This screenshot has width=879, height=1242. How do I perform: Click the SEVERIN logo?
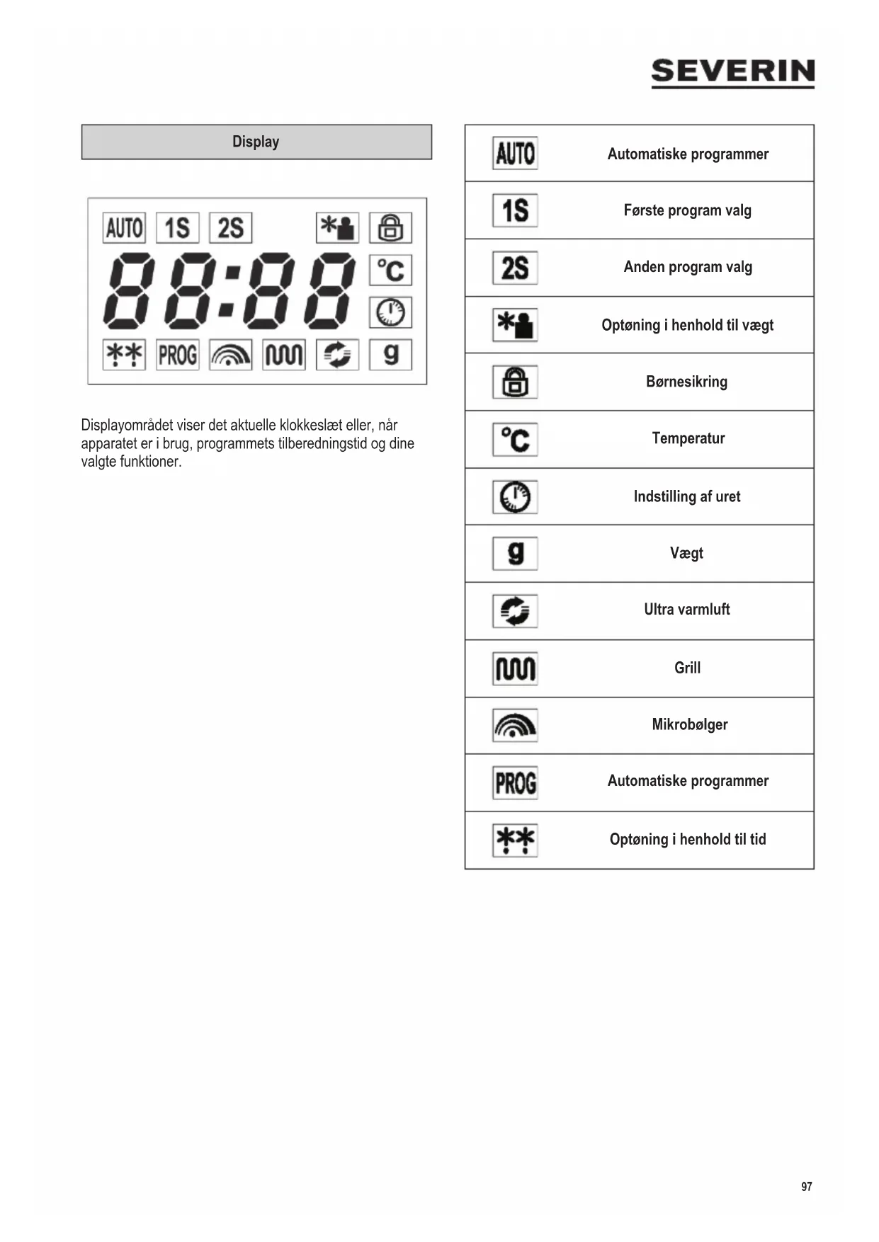pyautogui.click(x=732, y=72)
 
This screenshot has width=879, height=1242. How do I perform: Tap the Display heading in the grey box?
pyautogui.click(x=256, y=142)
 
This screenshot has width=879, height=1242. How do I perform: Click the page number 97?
pyautogui.click(x=806, y=1186)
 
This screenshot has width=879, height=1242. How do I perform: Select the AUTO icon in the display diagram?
pyautogui.click(x=124, y=228)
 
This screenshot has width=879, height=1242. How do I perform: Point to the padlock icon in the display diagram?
pyautogui.click(x=390, y=228)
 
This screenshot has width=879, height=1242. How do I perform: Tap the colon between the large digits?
pyautogui.click(x=229, y=290)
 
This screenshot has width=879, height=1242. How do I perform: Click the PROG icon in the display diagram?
pyautogui.click(x=177, y=355)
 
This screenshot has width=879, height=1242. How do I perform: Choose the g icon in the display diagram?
pyautogui.click(x=390, y=354)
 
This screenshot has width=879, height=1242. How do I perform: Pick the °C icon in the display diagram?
pyautogui.click(x=390, y=270)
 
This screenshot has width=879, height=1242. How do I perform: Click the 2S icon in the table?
pyautogui.click(x=515, y=268)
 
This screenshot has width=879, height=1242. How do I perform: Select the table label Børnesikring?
pyautogui.click(x=686, y=382)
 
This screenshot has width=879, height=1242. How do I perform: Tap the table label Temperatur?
pyautogui.click(x=688, y=438)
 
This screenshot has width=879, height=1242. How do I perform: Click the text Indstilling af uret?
pyautogui.click(x=686, y=496)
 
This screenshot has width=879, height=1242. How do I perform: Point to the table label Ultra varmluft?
pyautogui.click(x=686, y=610)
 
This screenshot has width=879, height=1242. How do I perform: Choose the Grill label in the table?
pyautogui.click(x=687, y=668)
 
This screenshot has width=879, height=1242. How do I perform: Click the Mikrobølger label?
pyautogui.click(x=689, y=724)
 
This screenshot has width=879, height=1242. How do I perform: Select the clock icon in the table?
pyautogui.click(x=515, y=496)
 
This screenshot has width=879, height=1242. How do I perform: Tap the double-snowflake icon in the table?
pyautogui.click(x=515, y=840)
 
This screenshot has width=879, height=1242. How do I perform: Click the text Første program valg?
pyautogui.click(x=687, y=210)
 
